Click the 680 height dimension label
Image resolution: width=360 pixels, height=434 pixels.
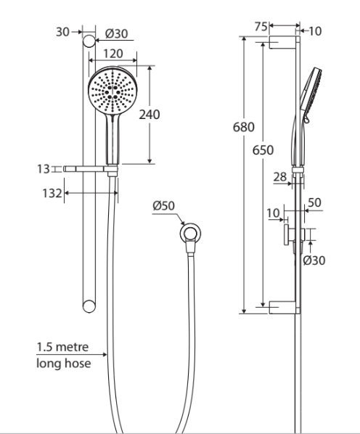[x=243, y=127]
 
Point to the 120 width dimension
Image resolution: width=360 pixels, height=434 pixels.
[x=112, y=54]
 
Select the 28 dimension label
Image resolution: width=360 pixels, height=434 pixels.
[x=280, y=177]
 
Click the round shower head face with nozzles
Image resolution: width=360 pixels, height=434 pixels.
[x=112, y=91]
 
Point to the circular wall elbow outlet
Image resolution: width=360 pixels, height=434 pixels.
[x=191, y=234]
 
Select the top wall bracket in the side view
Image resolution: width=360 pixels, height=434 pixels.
[x=282, y=44]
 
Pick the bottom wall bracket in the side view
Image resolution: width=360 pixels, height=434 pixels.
[x=282, y=307]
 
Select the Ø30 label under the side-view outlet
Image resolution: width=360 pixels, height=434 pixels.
[x=314, y=260]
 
